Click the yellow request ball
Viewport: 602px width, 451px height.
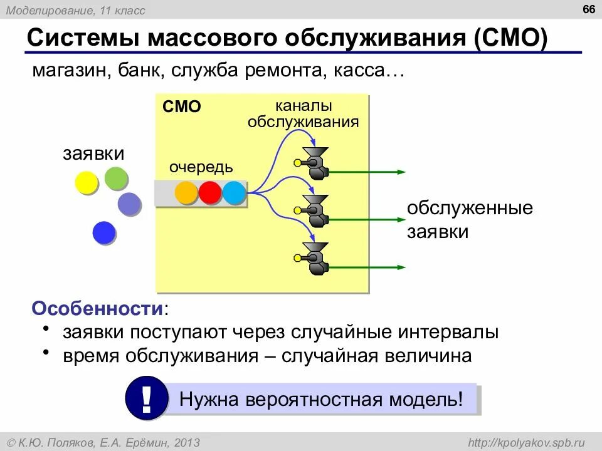tap(87, 182)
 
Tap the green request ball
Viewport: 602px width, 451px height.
tap(117, 179)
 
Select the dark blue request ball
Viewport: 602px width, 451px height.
tap(103, 233)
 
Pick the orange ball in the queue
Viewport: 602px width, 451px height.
tap(186, 193)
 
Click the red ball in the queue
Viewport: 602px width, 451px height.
tap(210, 193)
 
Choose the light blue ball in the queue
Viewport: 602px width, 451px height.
tap(234, 193)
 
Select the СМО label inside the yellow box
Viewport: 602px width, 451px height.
tap(181, 107)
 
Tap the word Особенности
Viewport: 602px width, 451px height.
tap(98, 309)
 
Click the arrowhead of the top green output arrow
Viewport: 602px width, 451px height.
tap(401, 172)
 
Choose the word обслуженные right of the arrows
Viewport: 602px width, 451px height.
tap(470, 208)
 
